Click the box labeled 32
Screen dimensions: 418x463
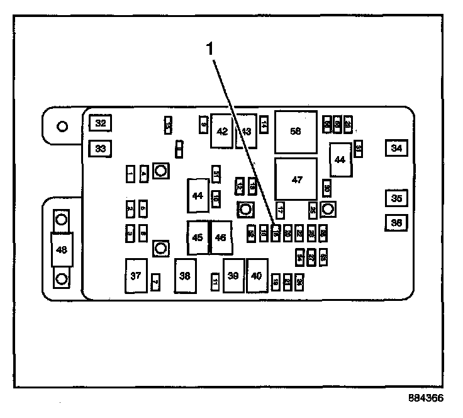click(x=100, y=123)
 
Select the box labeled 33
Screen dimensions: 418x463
click(x=100, y=149)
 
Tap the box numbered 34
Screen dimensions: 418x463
click(x=396, y=148)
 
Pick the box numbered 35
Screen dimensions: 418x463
click(x=396, y=198)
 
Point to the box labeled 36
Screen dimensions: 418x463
click(x=396, y=222)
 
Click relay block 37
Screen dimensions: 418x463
click(x=135, y=276)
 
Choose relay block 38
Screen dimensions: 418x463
click(x=185, y=276)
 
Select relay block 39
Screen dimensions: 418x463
click(x=233, y=276)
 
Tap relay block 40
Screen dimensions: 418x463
click(x=257, y=276)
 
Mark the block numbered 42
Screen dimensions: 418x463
click(x=221, y=131)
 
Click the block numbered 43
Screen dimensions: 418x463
click(x=246, y=131)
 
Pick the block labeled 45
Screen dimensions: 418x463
click(x=198, y=238)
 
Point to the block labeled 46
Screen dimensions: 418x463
click(x=220, y=238)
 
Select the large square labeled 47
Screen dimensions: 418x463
click(x=296, y=179)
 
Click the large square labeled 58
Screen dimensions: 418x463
click(x=296, y=131)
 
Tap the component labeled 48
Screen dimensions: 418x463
click(x=62, y=249)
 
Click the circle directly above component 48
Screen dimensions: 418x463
click(x=62, y=220)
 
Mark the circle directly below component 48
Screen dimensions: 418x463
click(x=62, y=278)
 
